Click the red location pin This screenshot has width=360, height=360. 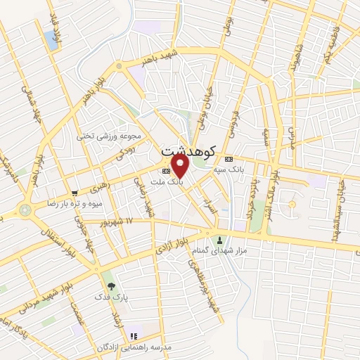coord(181,165)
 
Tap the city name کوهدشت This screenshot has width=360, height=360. coord(186,151)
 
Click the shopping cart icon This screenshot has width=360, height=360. coord(75,192)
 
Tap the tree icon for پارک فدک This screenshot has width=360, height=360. coord(110,286)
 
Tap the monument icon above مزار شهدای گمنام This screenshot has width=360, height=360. coord(218,240)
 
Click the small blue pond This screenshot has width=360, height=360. coord(52,40)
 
